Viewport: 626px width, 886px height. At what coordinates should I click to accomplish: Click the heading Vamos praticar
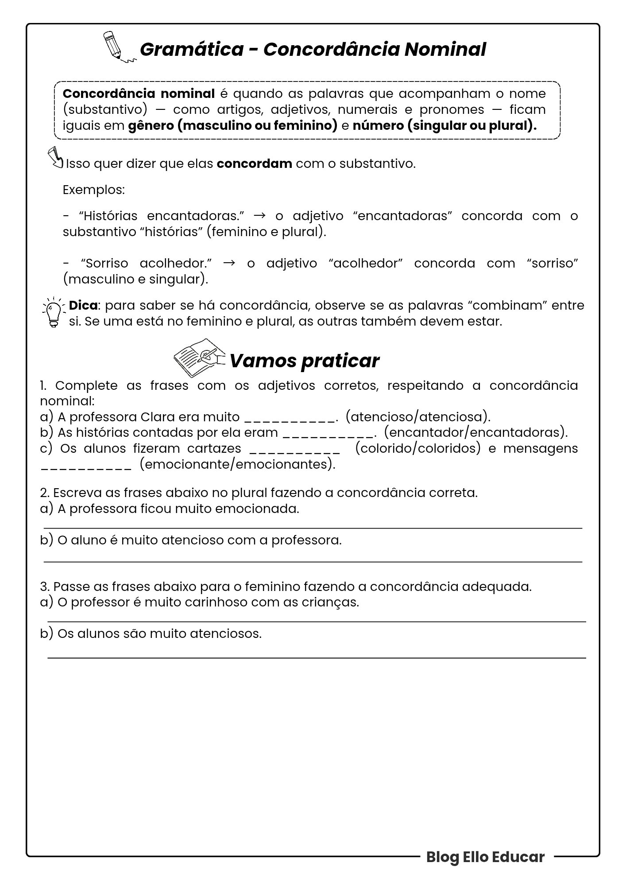tap(304, 361)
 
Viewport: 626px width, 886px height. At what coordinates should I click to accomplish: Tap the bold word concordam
tap(254, 164)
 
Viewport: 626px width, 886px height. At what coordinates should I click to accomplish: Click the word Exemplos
tap(93, 190)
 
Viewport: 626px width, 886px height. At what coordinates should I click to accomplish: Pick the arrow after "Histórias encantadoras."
tap(260, 216)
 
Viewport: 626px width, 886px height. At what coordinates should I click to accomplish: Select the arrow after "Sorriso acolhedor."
tap(229, 263)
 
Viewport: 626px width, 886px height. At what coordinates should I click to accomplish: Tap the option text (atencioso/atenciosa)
tap(418, 417)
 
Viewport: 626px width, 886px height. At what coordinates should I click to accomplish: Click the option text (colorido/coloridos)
tap(417, 448)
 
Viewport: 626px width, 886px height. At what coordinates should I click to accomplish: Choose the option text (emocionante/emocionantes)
tap(237, 464)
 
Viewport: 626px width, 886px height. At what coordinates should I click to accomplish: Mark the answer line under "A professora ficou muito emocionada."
tap(313, 528)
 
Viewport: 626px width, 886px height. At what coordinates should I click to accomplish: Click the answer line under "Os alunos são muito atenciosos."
tap(316, 658)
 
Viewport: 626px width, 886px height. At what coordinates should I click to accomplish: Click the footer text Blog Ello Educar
tap(485, 857)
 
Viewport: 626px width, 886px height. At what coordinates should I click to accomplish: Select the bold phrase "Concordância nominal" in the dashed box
tap(139, 94)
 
